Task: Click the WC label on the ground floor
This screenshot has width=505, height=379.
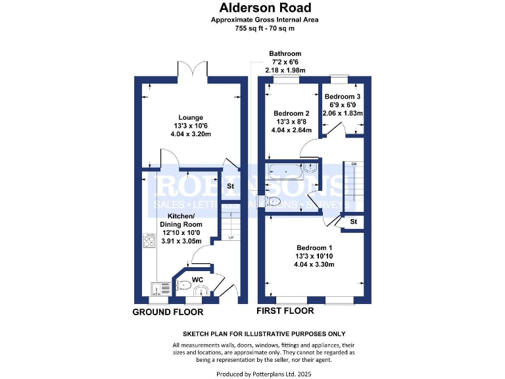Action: point(197,280)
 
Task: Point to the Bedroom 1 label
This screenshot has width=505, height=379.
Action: point(314,248)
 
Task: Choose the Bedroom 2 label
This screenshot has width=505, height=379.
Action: point(291,113)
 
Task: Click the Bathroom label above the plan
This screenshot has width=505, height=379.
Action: point(285,54)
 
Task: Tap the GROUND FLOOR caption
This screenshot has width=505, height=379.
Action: point(164,311)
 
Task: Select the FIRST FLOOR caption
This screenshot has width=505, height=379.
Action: point(285,311)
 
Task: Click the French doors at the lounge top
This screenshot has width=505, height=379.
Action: point(193,69)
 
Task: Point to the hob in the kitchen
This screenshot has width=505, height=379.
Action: point(149,241)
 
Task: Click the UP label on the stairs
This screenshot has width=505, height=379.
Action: point(230,238)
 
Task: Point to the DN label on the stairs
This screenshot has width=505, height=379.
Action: point(354,164)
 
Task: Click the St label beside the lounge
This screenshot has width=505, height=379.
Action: point(231,186)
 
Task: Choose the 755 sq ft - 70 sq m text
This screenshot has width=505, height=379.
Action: point(253,28)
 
